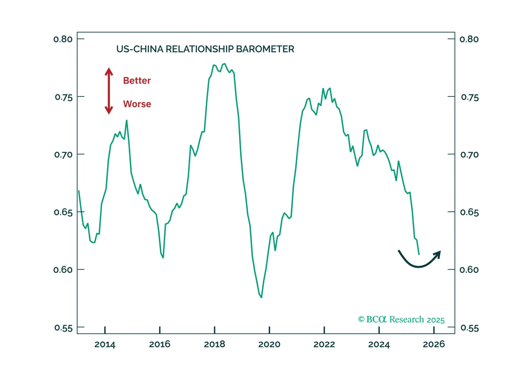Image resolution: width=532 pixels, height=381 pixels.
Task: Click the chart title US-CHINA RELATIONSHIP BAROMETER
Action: pos(205,49)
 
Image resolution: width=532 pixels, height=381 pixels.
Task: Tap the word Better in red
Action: pos(137,81)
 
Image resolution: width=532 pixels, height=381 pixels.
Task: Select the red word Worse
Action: pos(137,104)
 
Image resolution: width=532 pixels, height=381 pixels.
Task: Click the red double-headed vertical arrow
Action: pos(109,91)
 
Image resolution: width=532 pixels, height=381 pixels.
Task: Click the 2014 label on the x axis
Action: pos(105,344)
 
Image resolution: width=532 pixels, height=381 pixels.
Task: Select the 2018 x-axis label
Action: pos(215,344)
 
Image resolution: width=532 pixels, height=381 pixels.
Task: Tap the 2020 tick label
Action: pos(269,344)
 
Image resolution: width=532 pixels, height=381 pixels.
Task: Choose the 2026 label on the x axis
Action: pos(434,344)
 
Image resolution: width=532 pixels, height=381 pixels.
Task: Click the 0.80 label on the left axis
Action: pos(63,39)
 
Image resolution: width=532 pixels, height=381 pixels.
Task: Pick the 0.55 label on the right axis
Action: pos(469,328)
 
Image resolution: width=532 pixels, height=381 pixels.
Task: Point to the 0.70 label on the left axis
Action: pos(63,155)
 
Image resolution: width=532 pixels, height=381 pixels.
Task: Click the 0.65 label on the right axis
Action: pos(469,212)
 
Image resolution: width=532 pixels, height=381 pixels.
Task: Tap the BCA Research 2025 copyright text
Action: pos(401,319)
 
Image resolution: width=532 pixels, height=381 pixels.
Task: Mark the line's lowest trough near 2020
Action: pos(262,297)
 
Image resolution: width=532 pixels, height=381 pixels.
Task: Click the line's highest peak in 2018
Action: pos(225,64)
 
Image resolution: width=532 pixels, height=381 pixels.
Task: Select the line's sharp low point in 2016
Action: pos(163,257)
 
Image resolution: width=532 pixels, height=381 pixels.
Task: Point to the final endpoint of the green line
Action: pos(419,254)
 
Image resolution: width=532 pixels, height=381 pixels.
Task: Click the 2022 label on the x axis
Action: pos(324,344)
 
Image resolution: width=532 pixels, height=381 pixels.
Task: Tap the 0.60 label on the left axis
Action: pos(63,270)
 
